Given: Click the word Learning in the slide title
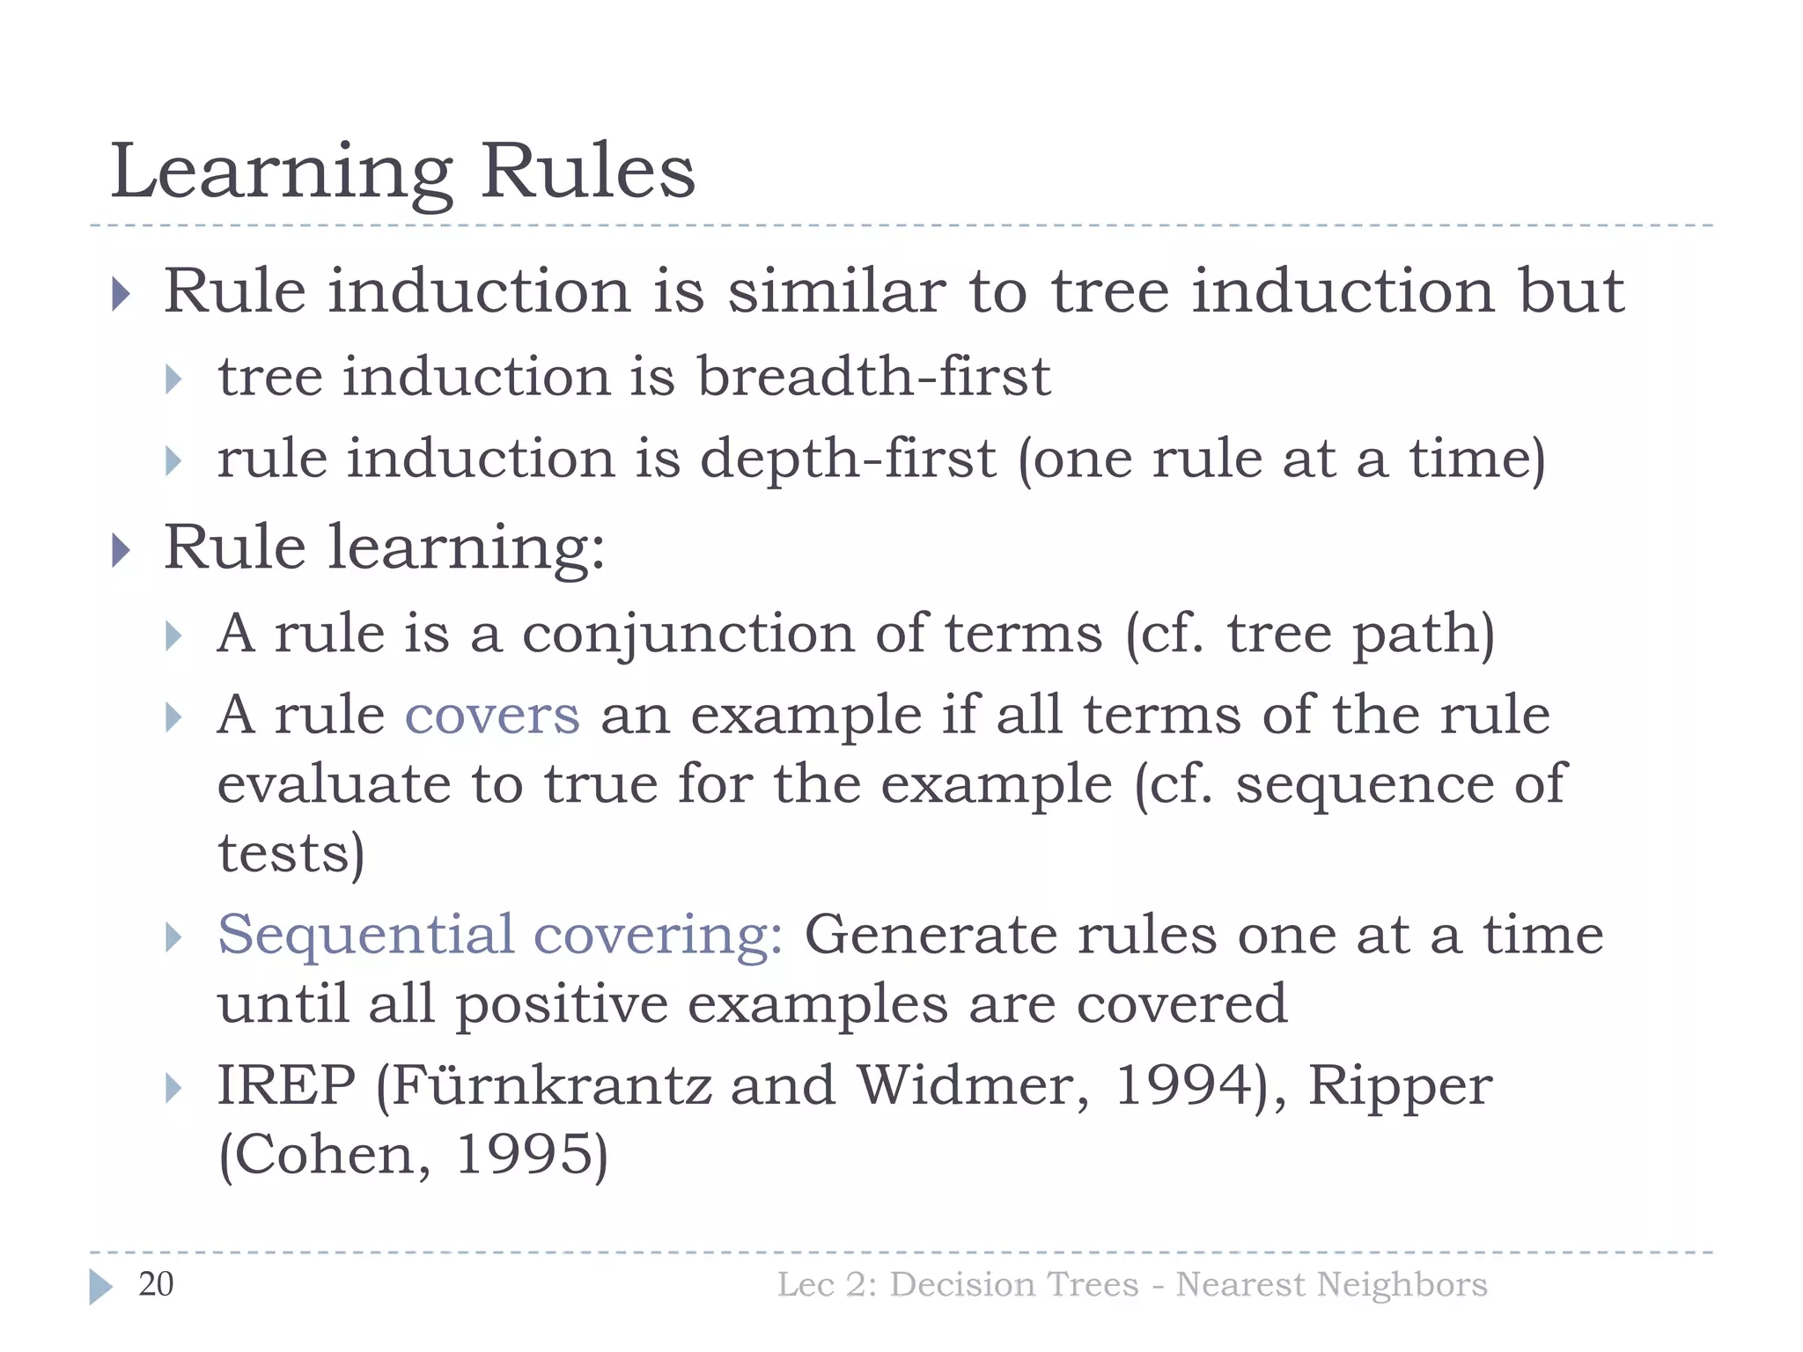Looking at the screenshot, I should point(281,173).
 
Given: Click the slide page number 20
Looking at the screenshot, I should point(156,1284).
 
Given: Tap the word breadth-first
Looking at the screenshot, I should point(874,377).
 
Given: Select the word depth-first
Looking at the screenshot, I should point(848,459).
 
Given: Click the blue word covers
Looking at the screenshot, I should point(492,715).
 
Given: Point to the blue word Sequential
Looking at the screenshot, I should point(365,935).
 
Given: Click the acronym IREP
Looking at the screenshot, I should point(286,1085).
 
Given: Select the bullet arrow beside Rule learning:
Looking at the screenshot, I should point(121,551).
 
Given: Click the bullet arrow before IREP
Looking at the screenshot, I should point(173,1089).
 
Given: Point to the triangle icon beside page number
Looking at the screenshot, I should point(101,1287).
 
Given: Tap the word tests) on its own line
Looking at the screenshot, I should point(291,853).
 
